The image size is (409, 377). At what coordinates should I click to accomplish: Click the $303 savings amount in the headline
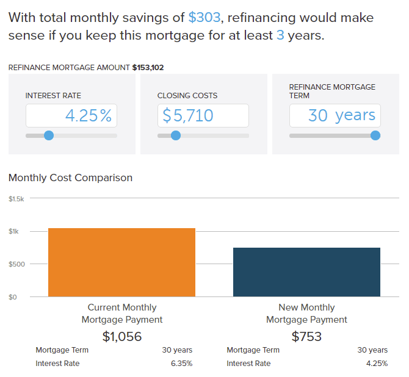[204, 17]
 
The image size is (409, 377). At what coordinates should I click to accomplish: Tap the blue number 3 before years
[280, 35]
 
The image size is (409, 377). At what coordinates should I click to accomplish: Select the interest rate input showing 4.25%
[71, 115]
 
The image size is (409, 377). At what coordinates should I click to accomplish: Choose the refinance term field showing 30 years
[335, 115]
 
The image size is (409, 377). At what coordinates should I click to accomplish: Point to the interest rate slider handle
[49, 135]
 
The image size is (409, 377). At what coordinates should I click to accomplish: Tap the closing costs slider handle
[176, 135]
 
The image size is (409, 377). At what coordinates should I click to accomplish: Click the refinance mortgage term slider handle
[375, 135]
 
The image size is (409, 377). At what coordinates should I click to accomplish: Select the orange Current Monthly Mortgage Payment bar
[121, 262]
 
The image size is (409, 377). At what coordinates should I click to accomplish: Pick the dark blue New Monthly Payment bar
[306, 272]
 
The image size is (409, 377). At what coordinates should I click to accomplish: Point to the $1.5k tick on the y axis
[16, 199]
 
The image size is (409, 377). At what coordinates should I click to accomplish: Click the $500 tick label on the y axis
[16, 264]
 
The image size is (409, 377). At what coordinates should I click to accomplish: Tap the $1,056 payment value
[121, 336]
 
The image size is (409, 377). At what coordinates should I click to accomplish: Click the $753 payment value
[306, 336]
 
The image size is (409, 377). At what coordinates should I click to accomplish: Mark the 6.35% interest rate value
[181, 364]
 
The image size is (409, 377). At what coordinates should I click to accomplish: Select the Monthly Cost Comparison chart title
[70, 178]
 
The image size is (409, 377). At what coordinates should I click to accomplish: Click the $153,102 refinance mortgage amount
[148, 68]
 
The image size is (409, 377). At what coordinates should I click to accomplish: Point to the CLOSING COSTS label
[187, 96]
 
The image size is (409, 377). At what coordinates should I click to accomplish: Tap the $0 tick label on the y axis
[13, 297]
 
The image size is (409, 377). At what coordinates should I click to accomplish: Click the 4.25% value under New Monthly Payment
[376, 364]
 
